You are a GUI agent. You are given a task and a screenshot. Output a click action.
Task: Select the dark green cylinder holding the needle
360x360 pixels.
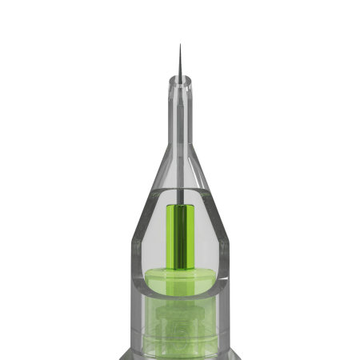pos(180,236)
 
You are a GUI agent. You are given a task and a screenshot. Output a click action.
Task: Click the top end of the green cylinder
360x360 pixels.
pos(180,206)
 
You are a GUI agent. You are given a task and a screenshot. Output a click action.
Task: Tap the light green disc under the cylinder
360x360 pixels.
pos(180,279)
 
